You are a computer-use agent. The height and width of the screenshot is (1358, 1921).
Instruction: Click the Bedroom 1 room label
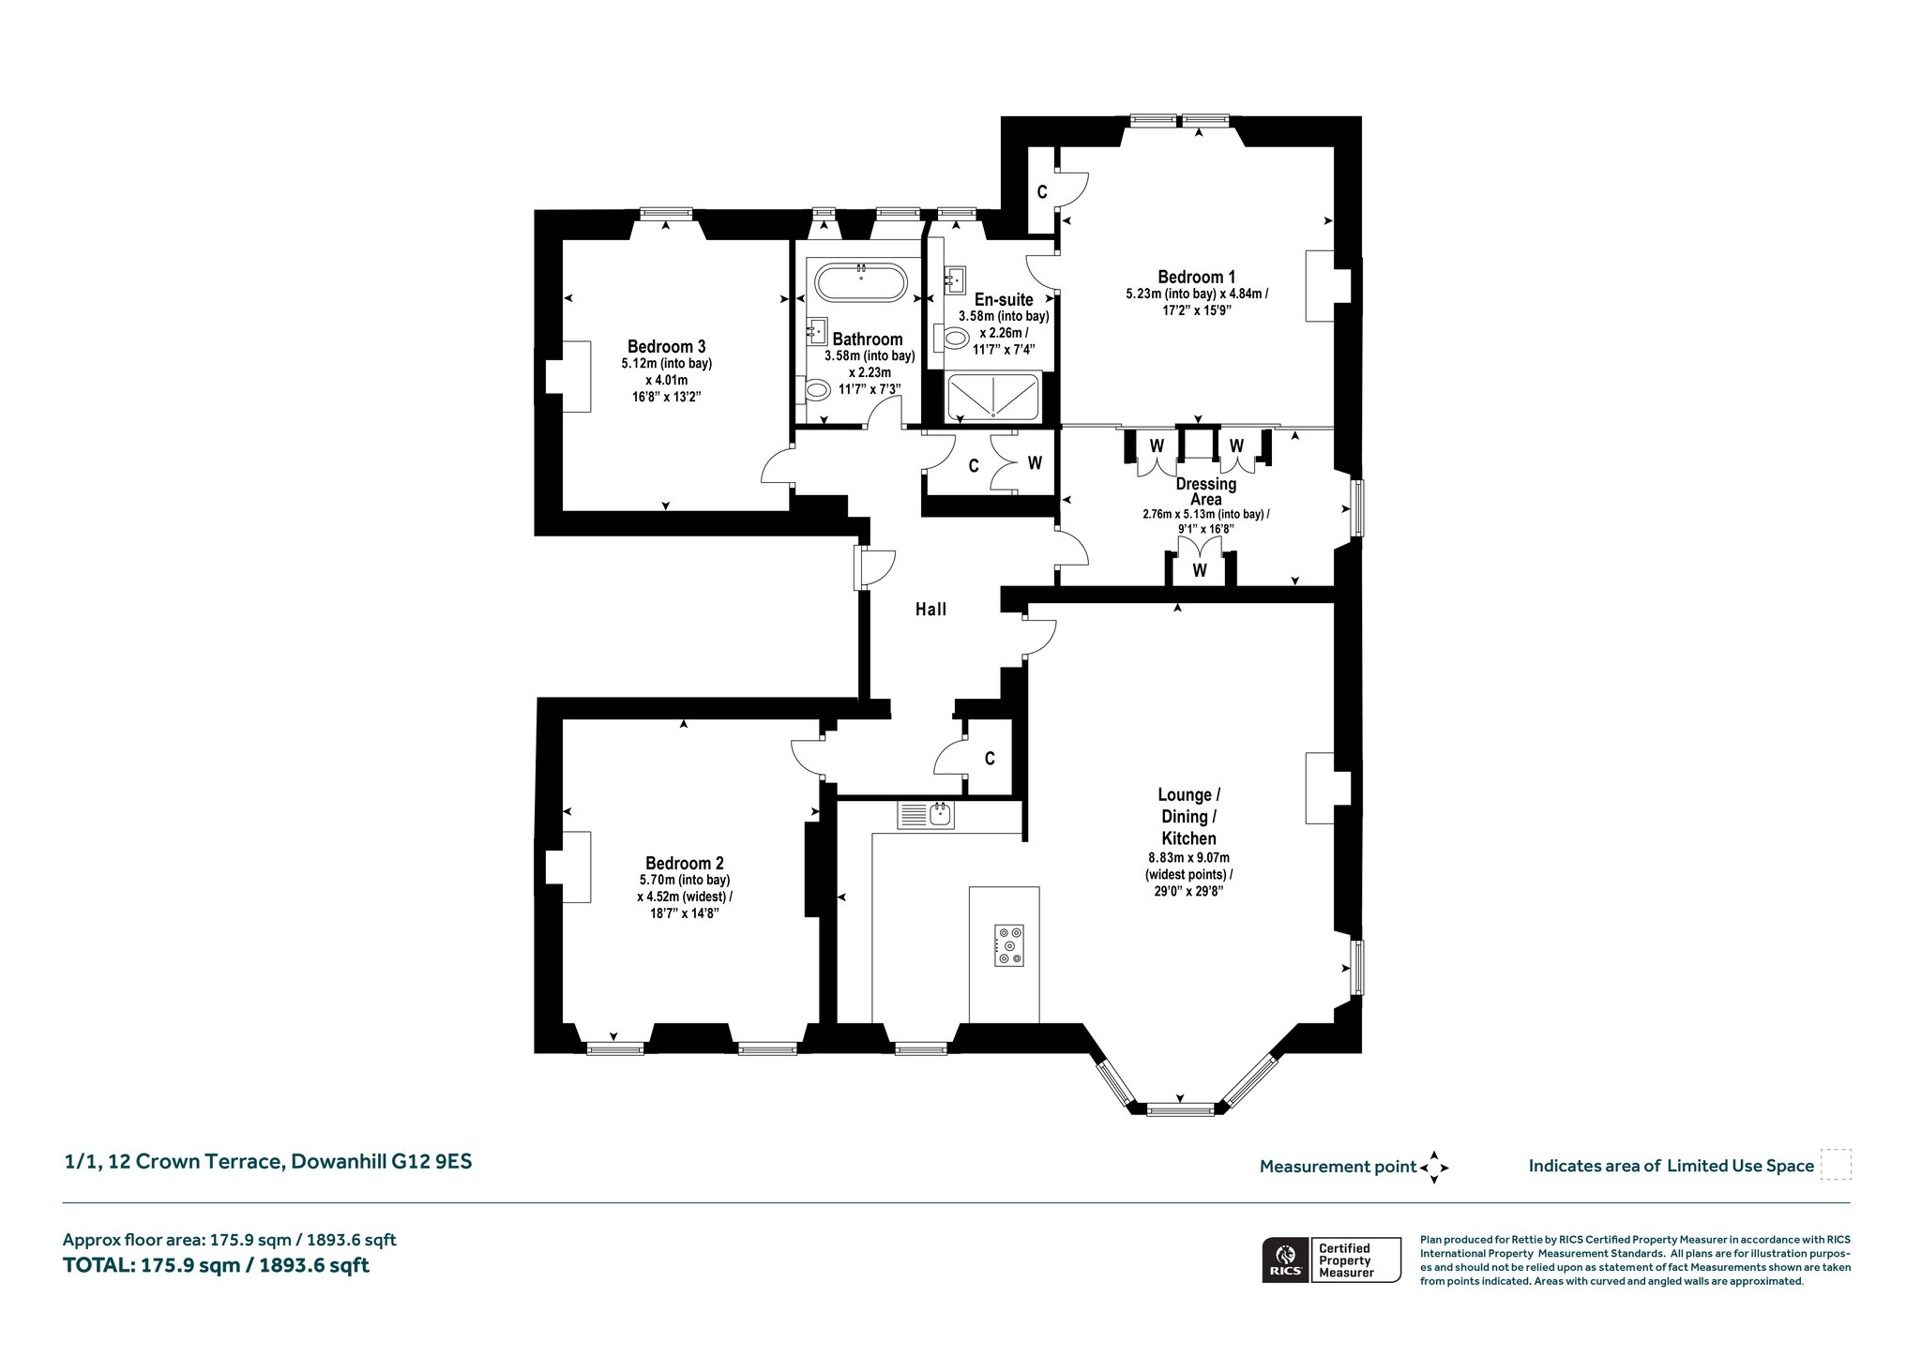(1196, 277)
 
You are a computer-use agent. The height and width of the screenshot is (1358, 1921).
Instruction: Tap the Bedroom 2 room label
(684, 863)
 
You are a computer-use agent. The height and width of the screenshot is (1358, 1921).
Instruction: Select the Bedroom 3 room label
(666, 347)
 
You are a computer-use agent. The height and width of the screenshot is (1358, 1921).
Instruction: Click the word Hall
(930, 610)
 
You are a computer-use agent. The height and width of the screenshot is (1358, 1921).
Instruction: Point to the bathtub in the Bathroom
(861, 282)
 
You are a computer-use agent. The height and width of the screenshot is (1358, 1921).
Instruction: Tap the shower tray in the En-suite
(993, 398)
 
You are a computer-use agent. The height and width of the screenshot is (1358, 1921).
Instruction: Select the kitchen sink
(926, 816)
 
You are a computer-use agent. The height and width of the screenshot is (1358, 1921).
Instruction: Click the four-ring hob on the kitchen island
(1010, 945)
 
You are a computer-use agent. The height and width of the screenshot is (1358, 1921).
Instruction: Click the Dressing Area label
(1205, 491)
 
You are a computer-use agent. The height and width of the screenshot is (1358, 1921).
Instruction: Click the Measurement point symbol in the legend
(1434, 1168)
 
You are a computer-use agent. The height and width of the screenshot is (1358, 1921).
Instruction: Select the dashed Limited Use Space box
(1836, 1164)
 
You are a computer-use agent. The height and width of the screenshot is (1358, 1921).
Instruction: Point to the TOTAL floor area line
(216, 1265)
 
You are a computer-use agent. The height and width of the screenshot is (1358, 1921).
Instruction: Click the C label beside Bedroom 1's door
(1041, 192)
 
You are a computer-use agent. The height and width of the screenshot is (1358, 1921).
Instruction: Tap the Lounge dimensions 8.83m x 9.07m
(1188, 857)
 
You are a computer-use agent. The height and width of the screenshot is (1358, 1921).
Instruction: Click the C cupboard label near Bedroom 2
(990, 759)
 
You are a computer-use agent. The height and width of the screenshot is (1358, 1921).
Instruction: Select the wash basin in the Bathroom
(817, 332)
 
